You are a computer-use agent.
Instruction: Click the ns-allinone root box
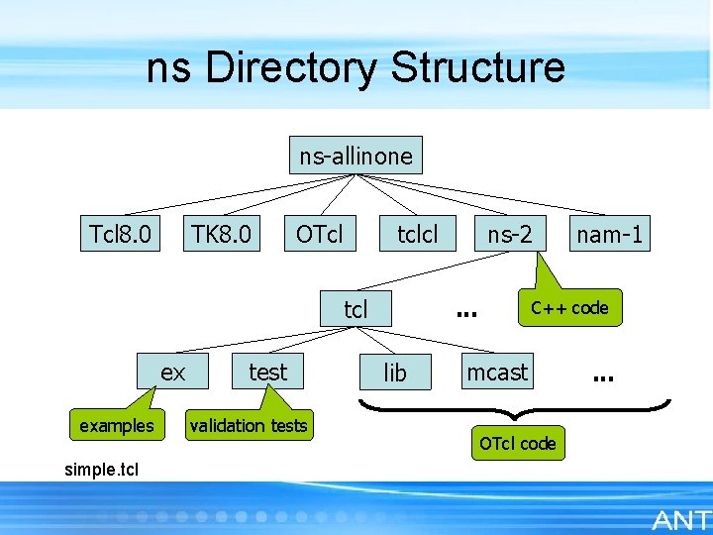tap(356, 156)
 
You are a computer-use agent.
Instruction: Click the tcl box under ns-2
tap(356, 309)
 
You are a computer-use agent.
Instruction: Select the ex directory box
tap(173, 373)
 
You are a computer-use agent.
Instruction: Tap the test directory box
tap(267, 373)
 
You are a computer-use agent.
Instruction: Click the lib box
tap(395, 373)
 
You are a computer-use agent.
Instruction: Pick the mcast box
tap(498, 373)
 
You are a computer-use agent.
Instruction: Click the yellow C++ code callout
tap(569, 308)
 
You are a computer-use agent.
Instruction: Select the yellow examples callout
tap(117, 426)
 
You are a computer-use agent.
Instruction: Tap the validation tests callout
tap(249, 426)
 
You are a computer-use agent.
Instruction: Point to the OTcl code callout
tap(517, 443)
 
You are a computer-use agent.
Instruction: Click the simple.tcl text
tap(101, 468)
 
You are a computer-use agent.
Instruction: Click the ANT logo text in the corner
tap(680, 519)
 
